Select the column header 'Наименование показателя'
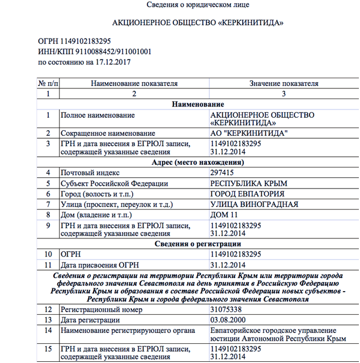click(x=134, y=83)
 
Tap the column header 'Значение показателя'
click(x=284, y=83)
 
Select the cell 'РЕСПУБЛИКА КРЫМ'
click(x=249, y=183)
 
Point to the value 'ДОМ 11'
click(x=223, y=216)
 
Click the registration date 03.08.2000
click(x=227, y=321)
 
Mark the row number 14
click(x=48, y=331)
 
